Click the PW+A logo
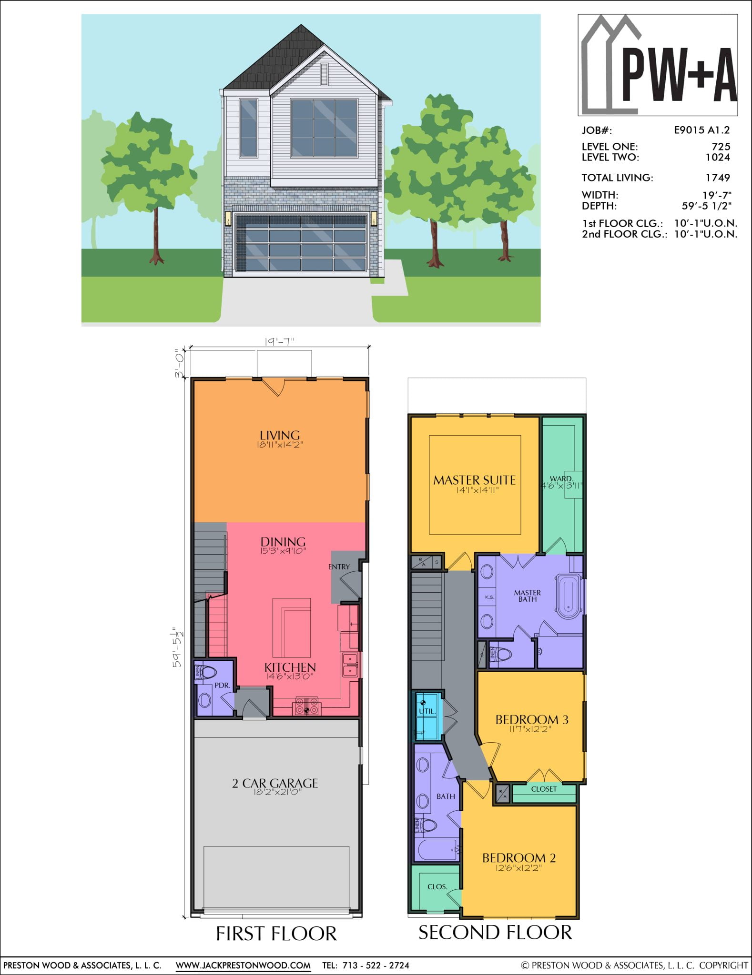(x=658, y=65)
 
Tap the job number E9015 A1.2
(x=701, y=130)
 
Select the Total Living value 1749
(x=718, y=178)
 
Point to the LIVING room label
(x=280, y=435)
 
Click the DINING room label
(x=283, y=542)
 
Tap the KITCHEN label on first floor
(x=290, y=667)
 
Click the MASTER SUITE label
(x=474, y=480)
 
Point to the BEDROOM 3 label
(x=532, y=719)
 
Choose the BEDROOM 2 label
(x=518, y=858)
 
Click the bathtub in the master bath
(x=569, y=597)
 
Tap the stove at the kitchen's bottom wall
(x=307, y=706)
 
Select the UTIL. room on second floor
(x=427, y=711)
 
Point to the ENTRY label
(x=339, y=567)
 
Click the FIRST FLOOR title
(x=276, y=934)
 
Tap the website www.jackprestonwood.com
(x=243, y=965)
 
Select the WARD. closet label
(x=561, y=478)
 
